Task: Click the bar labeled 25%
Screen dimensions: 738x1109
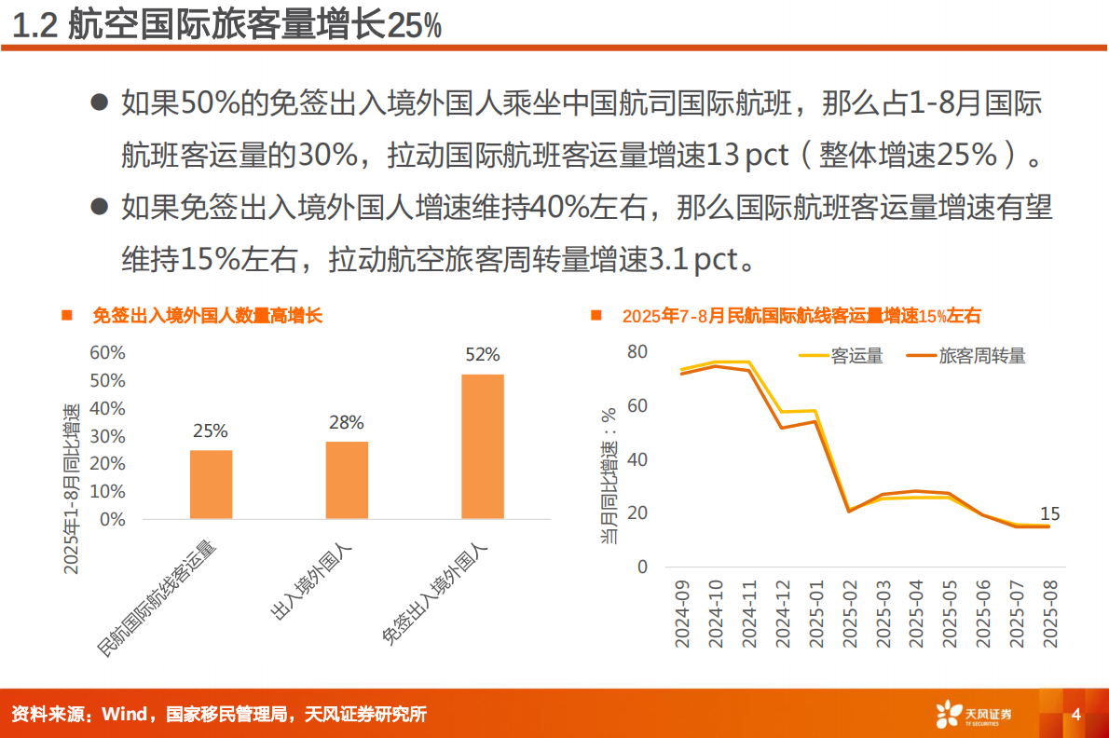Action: pyautogui.click(x=211, y=484)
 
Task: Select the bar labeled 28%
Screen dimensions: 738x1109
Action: pyautogui.click(x=347, y=480)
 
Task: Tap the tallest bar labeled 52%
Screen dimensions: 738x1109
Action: pyautogui.click(x=483, y=446)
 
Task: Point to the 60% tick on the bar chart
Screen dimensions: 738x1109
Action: pyautogui.click(x=107, y=353)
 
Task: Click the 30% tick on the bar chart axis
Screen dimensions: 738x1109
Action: pyautogui.click(x=107, y=436)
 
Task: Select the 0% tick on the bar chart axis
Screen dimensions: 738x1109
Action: pyautogui.click(x=112, y=519)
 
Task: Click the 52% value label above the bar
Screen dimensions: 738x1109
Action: pyautogui.click(x=483, y=355)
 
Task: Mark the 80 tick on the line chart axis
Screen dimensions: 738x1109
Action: pyautogui.click(x=637, y=352)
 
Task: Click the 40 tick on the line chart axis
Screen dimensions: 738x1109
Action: pyautogui.click(x=637, y=459)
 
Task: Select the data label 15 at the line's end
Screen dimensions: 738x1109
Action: pyautogui.click(x=1049, y=513)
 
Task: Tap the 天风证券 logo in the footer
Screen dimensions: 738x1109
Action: pyautogui.click(x=974, y=715)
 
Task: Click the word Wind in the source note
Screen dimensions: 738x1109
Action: pyautogui.click(x=124, y=715)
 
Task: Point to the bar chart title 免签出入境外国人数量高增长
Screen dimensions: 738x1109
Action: pyautogui.click(x=207, y=316)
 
